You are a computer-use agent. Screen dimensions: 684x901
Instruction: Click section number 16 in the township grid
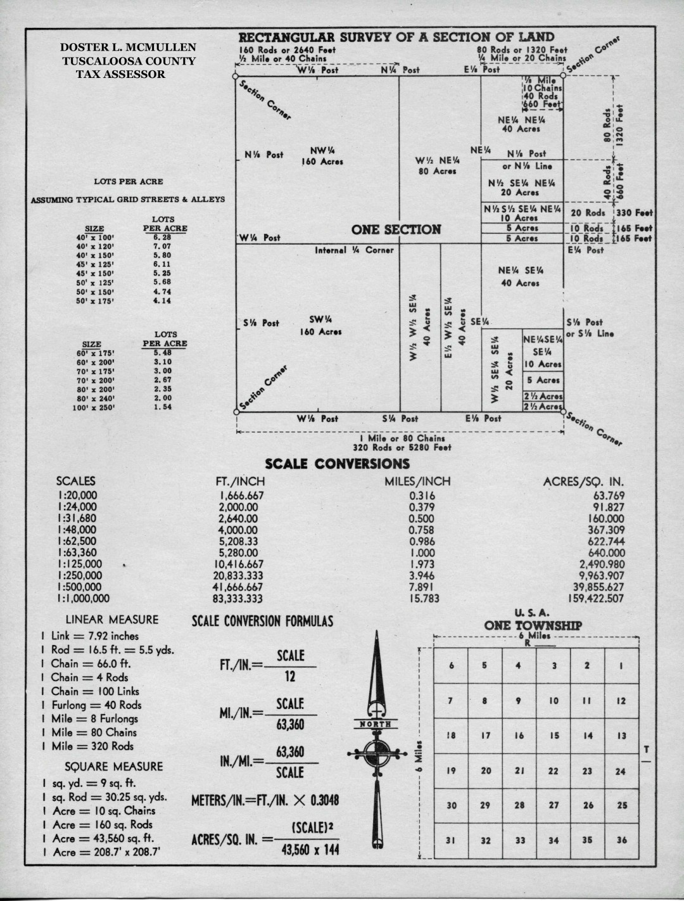click(x=519, y=736)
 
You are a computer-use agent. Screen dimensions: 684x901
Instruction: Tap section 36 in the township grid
click(x=621, y=840)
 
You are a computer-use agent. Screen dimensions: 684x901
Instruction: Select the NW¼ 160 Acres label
click(x=322, y=156)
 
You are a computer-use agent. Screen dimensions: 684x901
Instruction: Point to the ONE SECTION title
click(x=396, y=229)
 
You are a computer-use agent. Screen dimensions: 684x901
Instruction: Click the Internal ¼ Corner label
click(x=354, y=250)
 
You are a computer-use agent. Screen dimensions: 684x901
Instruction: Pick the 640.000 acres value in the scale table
click(x=605, y=553)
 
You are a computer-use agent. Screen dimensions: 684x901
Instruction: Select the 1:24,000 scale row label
click(x=77, y=507)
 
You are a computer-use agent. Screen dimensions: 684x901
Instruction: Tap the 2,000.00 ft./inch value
click(x=238, y=507)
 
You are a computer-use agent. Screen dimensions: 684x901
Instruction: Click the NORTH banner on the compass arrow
click(x=376, y=724)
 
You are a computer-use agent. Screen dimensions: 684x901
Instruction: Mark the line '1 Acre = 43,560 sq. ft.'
click(x=96, y=838)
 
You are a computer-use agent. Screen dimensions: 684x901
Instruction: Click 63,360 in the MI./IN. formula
click(x=290, y=725)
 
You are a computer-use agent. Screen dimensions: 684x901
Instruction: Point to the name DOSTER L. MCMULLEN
click(x=128, y=48)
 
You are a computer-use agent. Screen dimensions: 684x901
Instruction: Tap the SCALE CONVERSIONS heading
click(x=337, y=464)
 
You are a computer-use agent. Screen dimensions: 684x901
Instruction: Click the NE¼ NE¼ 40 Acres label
click(x=521, y=124)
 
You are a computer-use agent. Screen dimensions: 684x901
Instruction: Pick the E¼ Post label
click(x=586, y=250)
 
